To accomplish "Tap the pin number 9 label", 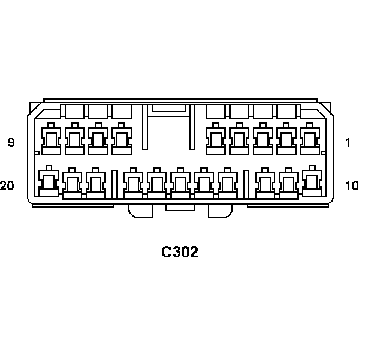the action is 11,142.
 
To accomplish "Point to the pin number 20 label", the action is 7,185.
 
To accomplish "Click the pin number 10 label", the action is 352,185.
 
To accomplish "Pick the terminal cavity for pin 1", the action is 309,139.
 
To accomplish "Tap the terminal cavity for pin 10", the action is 311,181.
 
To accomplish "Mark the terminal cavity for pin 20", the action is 47,183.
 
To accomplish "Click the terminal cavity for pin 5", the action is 215,139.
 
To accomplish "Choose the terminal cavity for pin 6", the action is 122,139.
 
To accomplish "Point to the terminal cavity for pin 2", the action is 286,139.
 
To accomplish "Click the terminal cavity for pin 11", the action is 288,183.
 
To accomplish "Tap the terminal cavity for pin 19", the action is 71,183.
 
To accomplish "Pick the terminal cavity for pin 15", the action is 180,183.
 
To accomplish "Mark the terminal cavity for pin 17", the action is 132,183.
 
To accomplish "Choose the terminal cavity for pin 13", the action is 227,183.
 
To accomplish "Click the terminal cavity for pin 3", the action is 262,139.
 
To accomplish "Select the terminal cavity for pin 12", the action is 264,183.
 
